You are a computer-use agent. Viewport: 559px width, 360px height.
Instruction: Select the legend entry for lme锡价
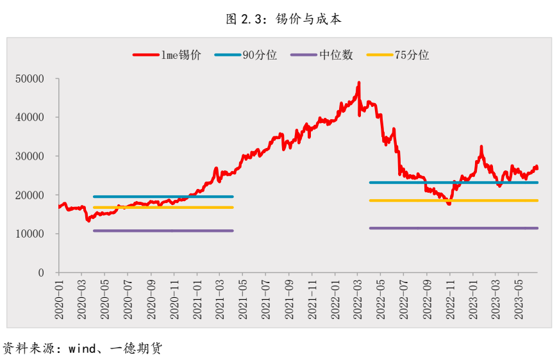(x=167, y=55)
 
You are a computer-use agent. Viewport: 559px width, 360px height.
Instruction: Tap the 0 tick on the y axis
(x=40, y=273)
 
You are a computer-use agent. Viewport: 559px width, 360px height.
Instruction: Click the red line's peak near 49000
(x=358, y=83)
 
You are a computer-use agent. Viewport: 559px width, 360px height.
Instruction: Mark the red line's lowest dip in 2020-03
(x=88, y=220)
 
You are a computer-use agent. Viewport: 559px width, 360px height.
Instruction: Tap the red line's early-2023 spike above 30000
(x=481, y=147)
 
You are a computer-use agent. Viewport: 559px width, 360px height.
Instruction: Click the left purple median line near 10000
(x=163, y=231)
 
